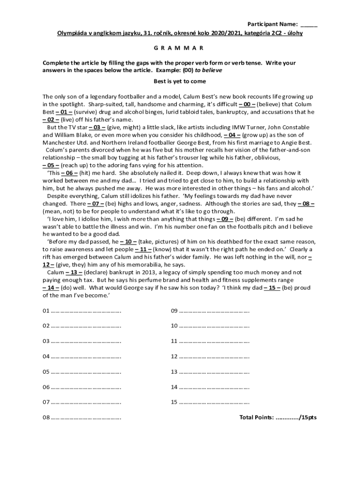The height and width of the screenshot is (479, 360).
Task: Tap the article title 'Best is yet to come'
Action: click(180, 81)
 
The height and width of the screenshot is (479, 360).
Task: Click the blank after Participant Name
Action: click(309, 24)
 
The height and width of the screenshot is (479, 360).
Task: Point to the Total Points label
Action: click(256, 417)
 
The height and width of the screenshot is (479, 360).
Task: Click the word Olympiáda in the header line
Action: click(73, 33)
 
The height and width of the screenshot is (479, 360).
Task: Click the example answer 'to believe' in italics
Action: click(208, 70)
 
